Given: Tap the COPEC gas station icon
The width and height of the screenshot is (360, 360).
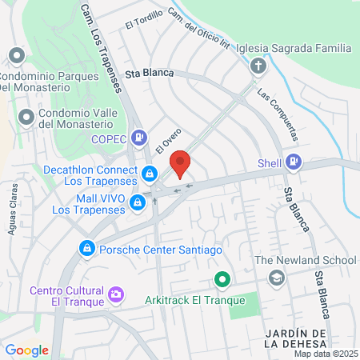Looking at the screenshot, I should tap(140, 138).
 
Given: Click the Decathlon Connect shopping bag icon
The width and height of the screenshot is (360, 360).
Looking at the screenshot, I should tap(149, 174).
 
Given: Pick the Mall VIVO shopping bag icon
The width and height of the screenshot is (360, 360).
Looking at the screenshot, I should tap(138, 203).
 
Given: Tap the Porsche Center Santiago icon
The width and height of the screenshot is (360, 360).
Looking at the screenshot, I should tap(86, 249).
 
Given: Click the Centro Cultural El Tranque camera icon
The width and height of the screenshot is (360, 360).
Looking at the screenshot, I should tap(117, 295).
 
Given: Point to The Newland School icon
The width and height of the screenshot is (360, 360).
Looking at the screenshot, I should tap(277, 278).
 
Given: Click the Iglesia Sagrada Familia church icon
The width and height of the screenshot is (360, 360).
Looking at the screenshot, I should tap(258, 66).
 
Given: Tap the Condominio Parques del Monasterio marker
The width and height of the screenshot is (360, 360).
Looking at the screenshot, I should tap(17, 55).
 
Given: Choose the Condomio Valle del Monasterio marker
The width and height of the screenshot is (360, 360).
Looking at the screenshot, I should tap(26, 117).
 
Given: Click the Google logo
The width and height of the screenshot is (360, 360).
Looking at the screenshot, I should tap(26, 350).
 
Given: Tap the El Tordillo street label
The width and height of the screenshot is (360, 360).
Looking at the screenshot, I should tap(143, 22).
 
